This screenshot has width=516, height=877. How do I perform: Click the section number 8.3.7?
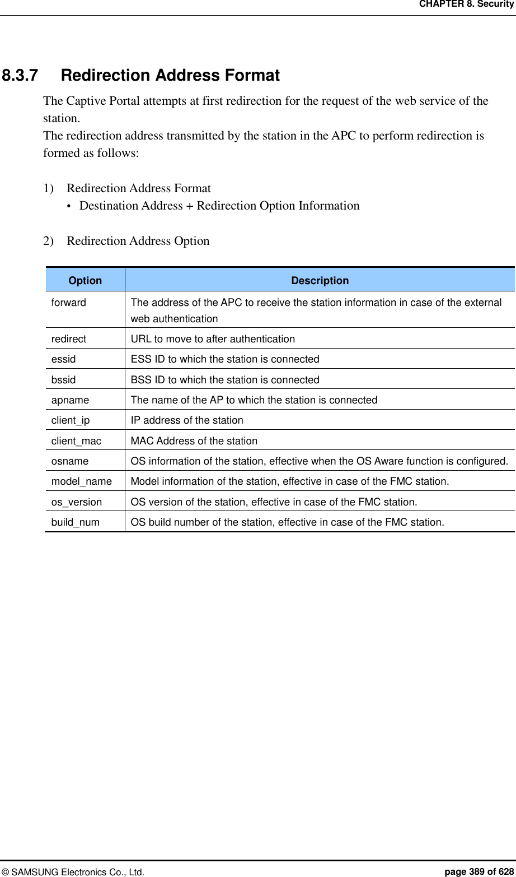pyautogui.click(x=20, y=75)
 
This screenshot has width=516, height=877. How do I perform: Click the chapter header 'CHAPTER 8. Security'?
pyautogui.click(x=466, y=4)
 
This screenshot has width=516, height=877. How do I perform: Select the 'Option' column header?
pyautogui.click(x=85, y=281)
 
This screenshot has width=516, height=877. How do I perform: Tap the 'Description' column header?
pyautogui.click(x=320, y=281)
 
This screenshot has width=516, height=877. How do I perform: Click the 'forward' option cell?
pyautogui.click(x=69, y=303)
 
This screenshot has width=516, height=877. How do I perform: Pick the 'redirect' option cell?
pyautogui.click(x=69, y=339)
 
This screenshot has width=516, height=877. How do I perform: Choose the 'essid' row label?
pyautogui.click(x=63, y=359)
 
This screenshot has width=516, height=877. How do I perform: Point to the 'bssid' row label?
pyautogui.click(x=63, y=380)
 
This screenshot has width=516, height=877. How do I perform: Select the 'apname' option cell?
pyautogui.click(x=70, y=400)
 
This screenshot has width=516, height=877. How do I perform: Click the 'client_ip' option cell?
pyautogui.click(x=71, y=420)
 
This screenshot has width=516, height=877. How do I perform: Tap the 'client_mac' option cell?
pyautogui.click(x=76, y=441)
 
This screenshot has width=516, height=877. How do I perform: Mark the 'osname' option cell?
pyautogui.click(x=70, y=461)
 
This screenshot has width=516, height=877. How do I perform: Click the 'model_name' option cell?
pyautogui.click(x=82, y=481)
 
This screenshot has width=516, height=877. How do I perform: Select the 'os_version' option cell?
pyautogui.click(x=77, y=502)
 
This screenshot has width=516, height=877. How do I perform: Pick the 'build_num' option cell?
pyautogui.click(x=76, y=522)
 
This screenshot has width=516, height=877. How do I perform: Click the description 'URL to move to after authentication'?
pyautogui.click(x=213, y=339)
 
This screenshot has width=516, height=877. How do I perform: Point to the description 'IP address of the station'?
pyautogui.click(x=187, y=420)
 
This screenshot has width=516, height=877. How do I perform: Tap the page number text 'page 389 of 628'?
pyautogui.click(x=479, y=871)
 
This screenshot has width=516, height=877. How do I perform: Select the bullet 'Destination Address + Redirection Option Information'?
pyautogui.click(x=219, y=206)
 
